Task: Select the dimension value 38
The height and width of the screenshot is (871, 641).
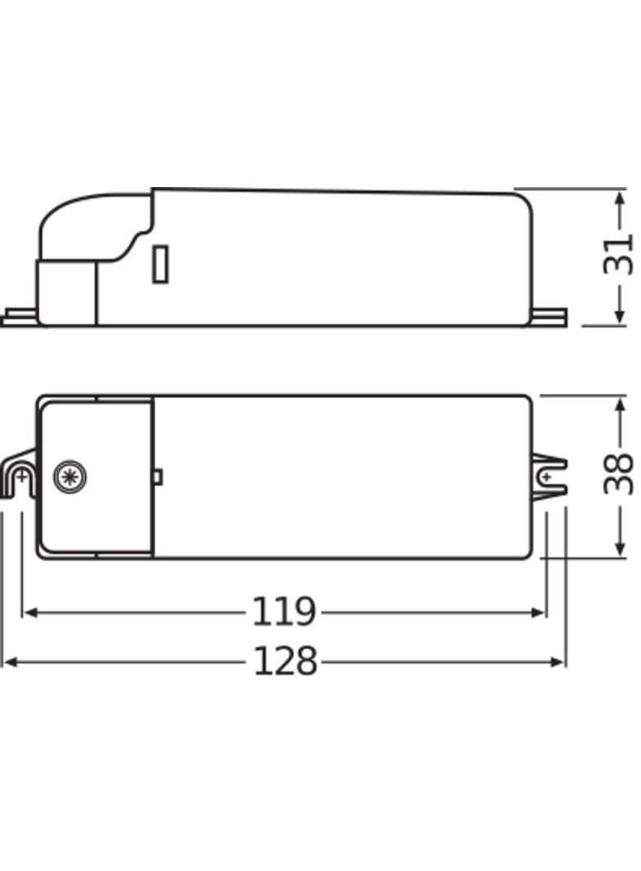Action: (618, 475)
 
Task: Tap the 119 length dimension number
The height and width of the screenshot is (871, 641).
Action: (283, 612)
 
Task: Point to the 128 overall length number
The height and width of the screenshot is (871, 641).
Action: (285, 662)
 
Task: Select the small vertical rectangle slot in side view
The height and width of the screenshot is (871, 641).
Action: (160, 264)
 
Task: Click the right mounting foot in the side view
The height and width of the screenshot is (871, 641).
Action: (551, 315)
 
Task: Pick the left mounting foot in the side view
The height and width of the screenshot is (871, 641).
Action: (18, 316)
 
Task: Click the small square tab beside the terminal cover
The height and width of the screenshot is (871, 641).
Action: (158, 476)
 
